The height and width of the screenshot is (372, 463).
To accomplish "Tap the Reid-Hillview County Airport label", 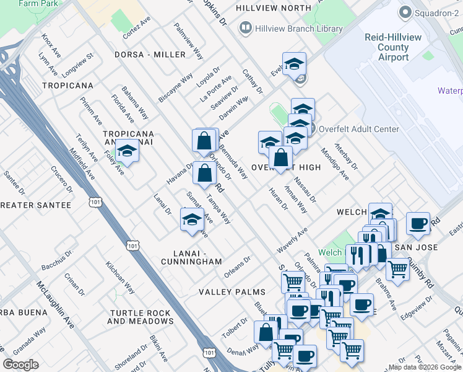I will [x=394, y=48].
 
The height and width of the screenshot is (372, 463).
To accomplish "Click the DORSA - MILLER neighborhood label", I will [x=150, y=55].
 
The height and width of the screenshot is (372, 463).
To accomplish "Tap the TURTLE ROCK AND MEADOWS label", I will [x=141, y=317].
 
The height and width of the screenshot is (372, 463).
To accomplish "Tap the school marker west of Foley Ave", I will [x=128, y=151].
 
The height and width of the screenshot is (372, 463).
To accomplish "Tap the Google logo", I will [x=20, y=365].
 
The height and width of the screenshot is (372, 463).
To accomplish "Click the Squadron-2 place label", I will [x=433, y=12].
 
